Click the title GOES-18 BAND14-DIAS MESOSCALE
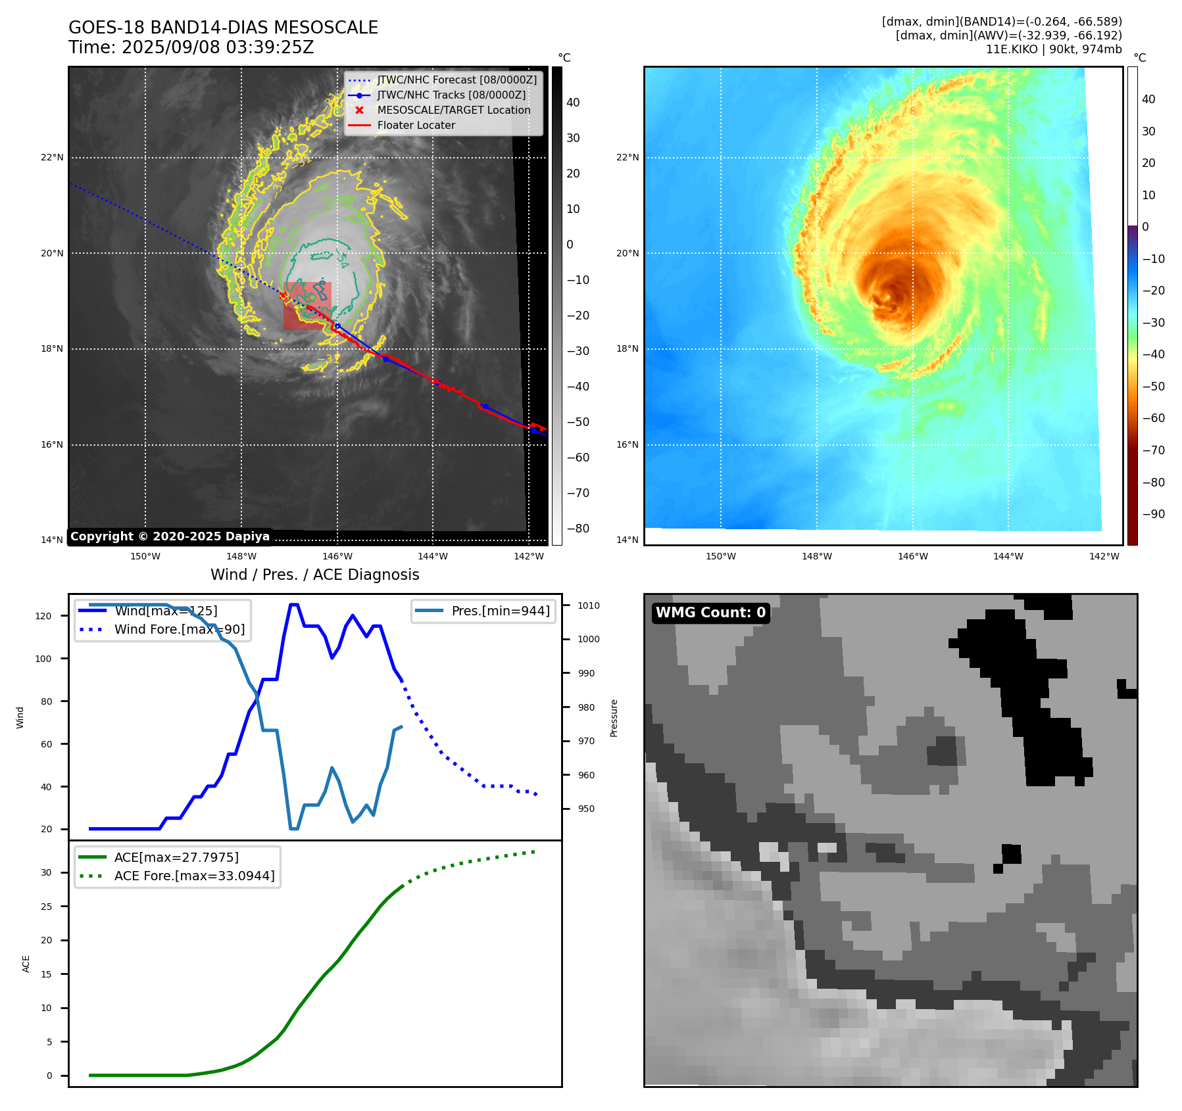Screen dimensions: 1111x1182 pos(223,28)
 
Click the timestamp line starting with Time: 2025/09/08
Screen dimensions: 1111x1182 pos(191,47)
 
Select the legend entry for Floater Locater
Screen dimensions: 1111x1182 pos(416,125)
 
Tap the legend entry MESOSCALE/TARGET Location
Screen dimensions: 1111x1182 pos(453,110)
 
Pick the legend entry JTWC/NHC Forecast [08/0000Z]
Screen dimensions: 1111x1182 pos(456,80)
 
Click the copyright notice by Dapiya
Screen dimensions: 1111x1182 pos(170,536)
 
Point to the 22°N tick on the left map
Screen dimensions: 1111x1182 pos(53,158)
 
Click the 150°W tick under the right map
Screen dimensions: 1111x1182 pos(720,556)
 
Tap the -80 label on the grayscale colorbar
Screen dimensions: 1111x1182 pos(578,529)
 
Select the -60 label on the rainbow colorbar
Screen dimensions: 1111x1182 pos(1153,418)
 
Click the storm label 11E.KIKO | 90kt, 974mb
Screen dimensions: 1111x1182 pos(1054,49)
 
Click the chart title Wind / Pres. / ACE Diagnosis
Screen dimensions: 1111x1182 pos(314,575)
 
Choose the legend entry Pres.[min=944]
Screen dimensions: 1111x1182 pos(500,611)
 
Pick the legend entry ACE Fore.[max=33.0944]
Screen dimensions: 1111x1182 pos(194,876)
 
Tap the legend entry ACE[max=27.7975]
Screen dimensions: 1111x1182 pos(176,857)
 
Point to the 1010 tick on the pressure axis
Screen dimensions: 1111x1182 pos(589,605)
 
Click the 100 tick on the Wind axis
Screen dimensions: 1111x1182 pos(43,659)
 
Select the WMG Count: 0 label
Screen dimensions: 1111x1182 pos(710,613)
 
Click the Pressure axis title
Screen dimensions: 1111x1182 pos(614,718)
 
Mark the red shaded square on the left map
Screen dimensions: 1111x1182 pos(307,306)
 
